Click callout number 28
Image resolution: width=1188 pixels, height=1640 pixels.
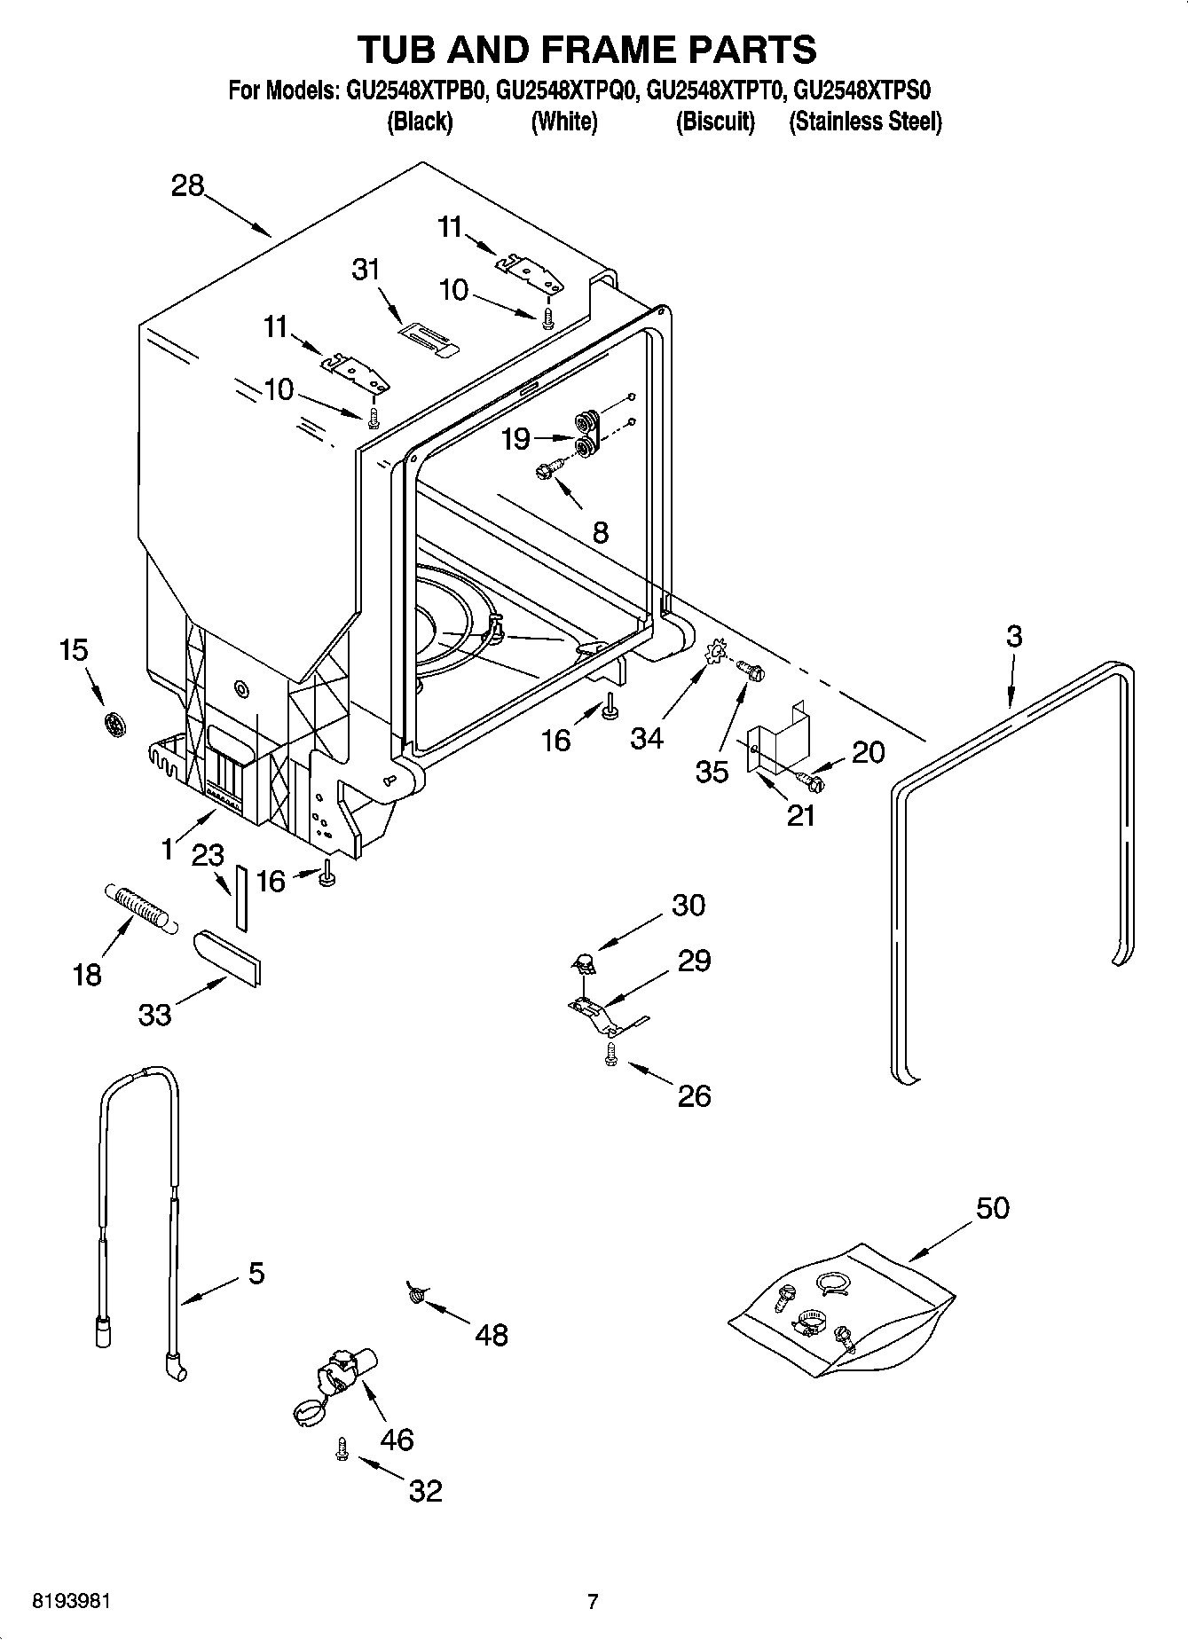pos(188,186)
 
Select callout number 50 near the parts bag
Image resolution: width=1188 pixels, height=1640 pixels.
pos(993,1207)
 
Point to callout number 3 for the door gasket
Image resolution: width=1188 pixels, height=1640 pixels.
pos(1014,636)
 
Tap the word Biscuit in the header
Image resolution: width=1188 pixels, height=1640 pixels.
pos(715,122)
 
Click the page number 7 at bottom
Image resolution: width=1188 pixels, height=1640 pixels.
pos(593,1601)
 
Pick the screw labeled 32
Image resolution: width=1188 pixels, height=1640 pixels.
pos(342,1448)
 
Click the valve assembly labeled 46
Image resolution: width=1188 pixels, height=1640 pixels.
pos(337,1378)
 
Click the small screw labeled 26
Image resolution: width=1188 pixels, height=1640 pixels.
pos(610,1054)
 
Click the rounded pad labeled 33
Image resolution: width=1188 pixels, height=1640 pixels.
pos(226,956)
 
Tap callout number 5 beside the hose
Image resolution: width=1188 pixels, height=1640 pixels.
pos(256,1274)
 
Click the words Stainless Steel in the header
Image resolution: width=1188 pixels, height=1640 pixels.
pos(865,122)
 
